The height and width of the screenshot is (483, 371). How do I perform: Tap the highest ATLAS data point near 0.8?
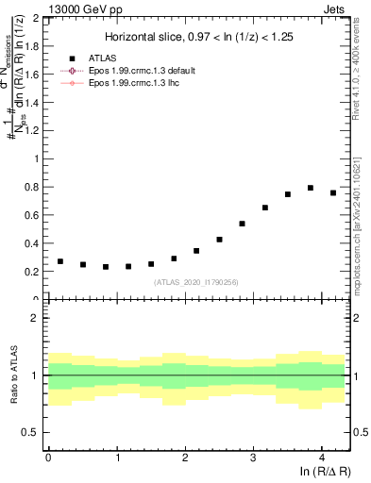point(310,188)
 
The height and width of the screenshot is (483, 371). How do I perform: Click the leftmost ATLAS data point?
point(60,261)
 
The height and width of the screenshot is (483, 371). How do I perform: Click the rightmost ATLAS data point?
point(332,192)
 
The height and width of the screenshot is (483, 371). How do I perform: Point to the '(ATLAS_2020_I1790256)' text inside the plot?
point(195,281)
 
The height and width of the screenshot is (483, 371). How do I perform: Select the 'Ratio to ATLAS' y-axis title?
point(12,375)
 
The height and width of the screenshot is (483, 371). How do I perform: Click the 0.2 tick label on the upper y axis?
point(30,272)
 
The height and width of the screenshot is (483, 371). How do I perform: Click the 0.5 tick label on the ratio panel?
point(30,432)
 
